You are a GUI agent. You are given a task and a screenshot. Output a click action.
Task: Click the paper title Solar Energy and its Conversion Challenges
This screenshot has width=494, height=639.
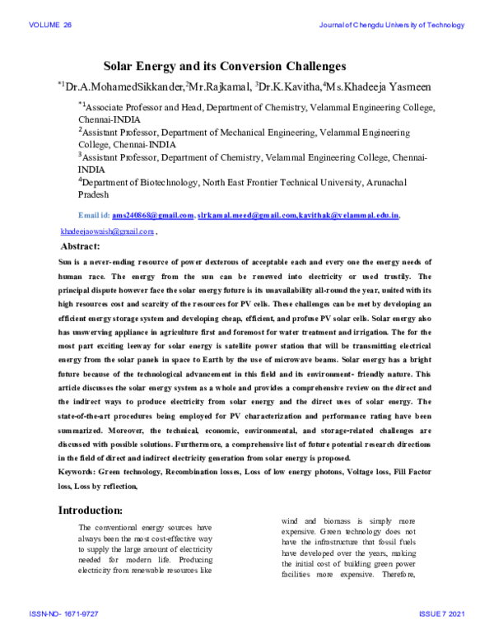click(x=223, y=65)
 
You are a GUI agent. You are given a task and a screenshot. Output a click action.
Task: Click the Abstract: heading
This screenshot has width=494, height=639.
click(x=81, y=246)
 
